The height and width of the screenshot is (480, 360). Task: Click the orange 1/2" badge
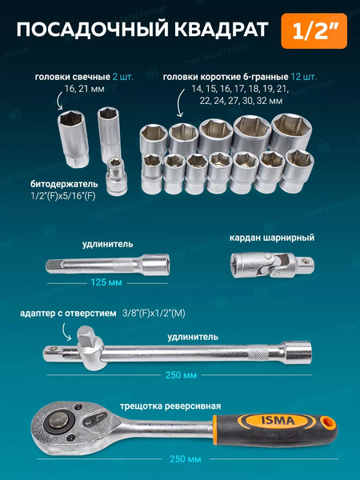(310, 31)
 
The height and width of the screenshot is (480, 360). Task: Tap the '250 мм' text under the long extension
(179, 374)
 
